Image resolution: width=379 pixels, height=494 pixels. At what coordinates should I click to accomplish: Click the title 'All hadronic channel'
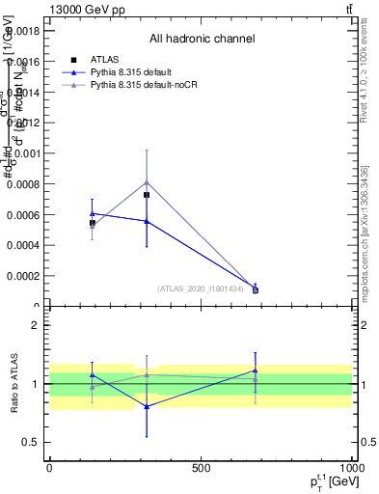(x=202, y=39)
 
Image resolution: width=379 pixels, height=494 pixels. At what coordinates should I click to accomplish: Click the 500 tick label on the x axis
(x=201, y=468)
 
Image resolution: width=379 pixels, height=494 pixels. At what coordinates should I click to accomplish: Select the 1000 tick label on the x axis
(x=351, y=468)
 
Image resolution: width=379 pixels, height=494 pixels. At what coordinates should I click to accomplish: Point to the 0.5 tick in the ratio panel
(x=31, y=443)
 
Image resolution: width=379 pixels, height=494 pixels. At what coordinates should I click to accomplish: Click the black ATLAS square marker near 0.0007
(x=147, y=195)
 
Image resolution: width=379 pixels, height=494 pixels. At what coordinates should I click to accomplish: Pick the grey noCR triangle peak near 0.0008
(x=147, y=181)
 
